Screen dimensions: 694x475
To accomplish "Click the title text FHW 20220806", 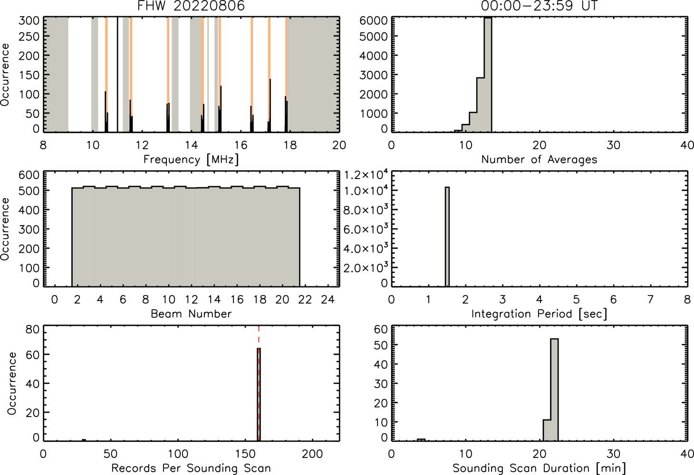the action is coord(191,6).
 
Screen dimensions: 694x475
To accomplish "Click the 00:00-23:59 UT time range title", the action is coord(539,6).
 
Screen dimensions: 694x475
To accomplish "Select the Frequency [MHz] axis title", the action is coord(191,160).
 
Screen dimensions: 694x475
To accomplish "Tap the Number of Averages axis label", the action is coord(539,160).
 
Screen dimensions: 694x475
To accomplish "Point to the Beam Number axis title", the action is coord(191,314).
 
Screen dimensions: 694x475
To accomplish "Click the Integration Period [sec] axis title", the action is coord(539,314).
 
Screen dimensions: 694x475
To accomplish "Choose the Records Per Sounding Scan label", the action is coord(191,468).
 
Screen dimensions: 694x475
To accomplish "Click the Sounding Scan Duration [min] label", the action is coord(539,468).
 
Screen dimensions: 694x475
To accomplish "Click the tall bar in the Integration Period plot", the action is coord(447,237).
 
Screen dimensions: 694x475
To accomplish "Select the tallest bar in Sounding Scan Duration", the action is coord(554,389).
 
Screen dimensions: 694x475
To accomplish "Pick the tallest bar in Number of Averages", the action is coord(488,75).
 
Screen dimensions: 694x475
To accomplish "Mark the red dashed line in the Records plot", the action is coord(259,383).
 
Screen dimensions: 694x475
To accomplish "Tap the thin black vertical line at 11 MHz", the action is coord(117,75).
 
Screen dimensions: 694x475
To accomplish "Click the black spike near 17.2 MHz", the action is coord(270,105).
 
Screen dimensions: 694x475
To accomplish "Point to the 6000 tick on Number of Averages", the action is coord(373,21).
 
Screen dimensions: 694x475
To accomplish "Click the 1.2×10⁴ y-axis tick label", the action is coord(366,175).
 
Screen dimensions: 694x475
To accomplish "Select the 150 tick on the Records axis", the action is coord(245,454).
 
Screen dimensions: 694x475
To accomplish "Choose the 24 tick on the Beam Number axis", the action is coord(328,299).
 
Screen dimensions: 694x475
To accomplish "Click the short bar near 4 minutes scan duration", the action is coord(421,440).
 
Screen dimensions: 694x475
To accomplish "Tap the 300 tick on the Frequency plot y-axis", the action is coord(29,21).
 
